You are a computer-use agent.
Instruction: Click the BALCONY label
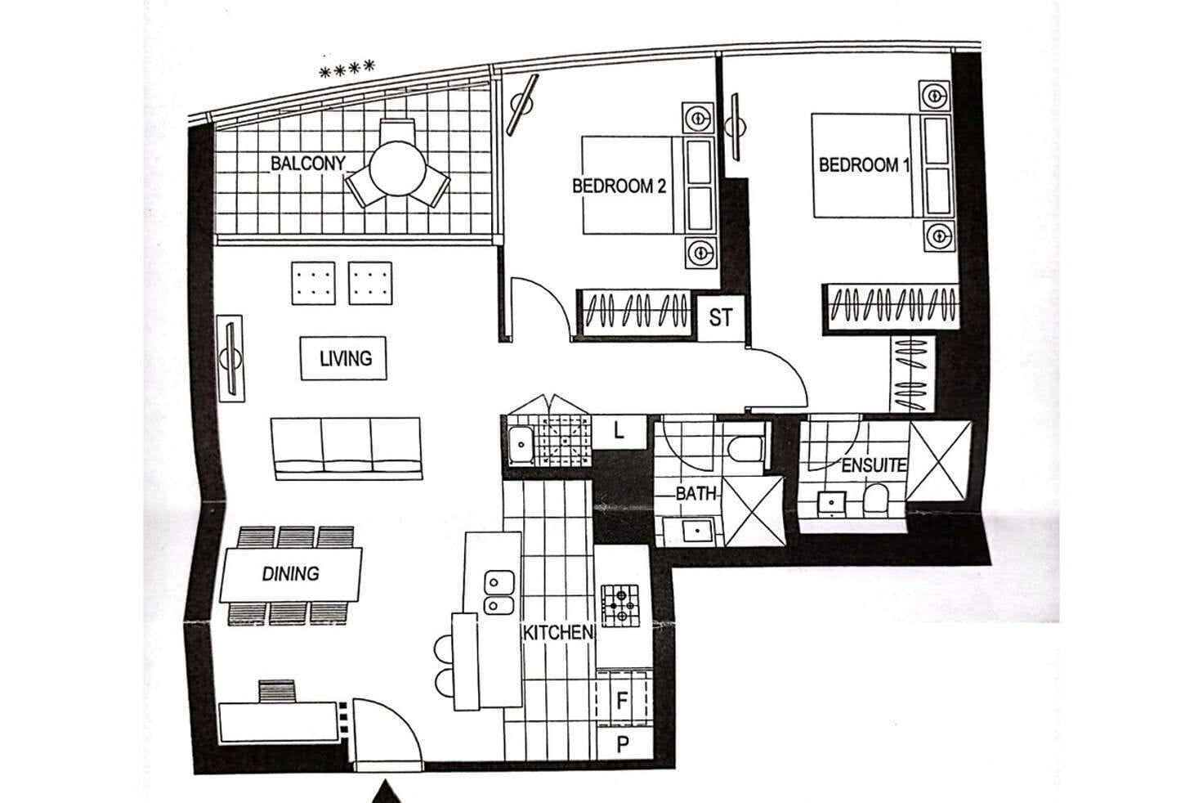click(x=308, y=164)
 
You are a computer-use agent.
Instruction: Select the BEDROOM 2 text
click(x=619, y=186)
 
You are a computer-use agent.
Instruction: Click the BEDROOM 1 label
click(x=864, y=164)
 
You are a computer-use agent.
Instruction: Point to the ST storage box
click(x=720, y=317)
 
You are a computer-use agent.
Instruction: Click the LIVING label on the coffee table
click(x=344, y=358)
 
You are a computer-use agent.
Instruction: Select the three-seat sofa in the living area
click(x=347, y=447)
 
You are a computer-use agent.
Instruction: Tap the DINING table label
click(x=290, y=573)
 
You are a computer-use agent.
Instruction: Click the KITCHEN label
click(x=558, y=632)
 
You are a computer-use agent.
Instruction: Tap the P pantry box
click(x=623, y=744)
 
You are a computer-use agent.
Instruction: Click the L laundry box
click(x=619, y=431)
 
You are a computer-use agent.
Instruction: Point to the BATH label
click(x=695, y=494)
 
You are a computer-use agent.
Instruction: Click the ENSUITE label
click(x=874, y=465)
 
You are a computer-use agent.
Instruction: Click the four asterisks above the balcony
click(x=347, y=70)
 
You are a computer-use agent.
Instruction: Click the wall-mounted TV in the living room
click(x=230, y=358)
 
